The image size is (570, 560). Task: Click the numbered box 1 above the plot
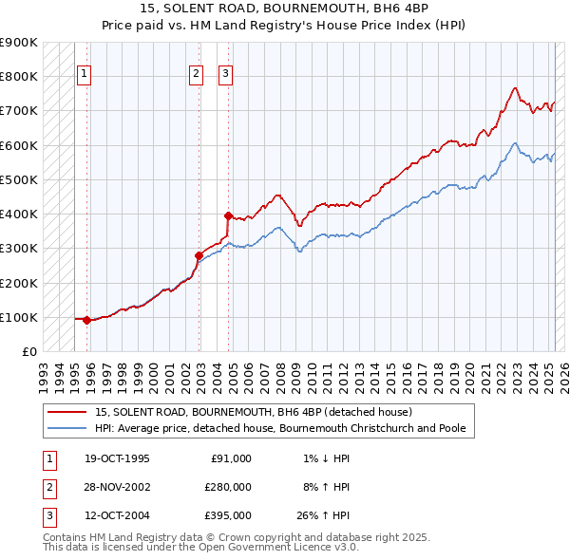[84, 74]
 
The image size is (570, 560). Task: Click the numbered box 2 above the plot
[196, 74]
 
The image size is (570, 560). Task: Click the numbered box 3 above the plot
[225, 74]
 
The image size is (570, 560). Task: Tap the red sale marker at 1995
[87, 320]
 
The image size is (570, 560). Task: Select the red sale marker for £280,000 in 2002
[199, 254]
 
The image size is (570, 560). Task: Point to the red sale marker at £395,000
[228, 215]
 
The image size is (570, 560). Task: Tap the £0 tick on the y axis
[28, 351]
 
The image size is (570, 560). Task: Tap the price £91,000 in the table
[228, 458]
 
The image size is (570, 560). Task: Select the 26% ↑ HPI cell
[322, 516]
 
